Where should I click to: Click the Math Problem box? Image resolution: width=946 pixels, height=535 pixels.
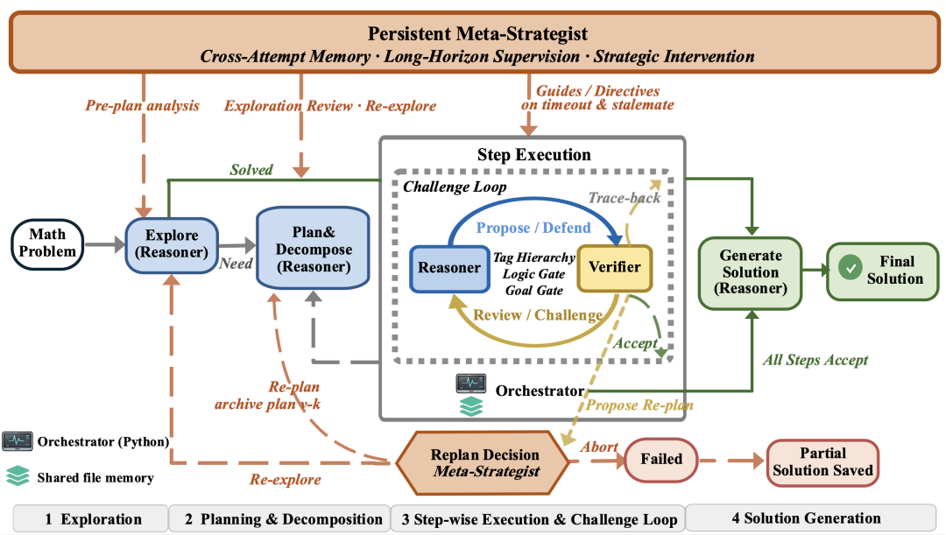coord(47,243)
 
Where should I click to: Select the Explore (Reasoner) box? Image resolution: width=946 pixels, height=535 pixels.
coord(172,245)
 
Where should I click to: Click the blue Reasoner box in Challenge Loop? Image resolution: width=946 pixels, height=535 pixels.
coord(449,269)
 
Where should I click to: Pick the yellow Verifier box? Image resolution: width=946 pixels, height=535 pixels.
coord(615,268)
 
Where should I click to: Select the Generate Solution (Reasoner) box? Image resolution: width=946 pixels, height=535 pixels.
coord(751,272)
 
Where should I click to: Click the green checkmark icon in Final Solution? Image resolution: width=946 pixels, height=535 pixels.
coord(850,267)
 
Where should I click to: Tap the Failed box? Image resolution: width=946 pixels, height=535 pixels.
coord(661,460)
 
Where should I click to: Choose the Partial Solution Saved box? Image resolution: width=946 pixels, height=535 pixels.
coord(822,462)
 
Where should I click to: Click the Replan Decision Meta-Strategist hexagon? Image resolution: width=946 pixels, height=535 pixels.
coord(483,462)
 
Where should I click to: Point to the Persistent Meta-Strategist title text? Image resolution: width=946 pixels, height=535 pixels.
coord(478,33)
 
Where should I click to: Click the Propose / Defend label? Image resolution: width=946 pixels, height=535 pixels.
coord(533,228)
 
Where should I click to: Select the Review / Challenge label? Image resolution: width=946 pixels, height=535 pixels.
coord(538,315)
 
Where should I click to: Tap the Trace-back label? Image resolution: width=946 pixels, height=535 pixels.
coord(625,198)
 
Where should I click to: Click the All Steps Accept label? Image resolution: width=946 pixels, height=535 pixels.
coord(815,360)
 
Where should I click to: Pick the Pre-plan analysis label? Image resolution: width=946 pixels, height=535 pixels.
coord(143,106)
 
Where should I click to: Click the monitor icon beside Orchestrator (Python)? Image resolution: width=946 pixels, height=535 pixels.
coord(17,441)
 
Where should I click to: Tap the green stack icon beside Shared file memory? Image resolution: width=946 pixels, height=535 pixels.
coord(18,475)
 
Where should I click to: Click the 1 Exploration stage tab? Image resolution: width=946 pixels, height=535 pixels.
coord(90,519)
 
